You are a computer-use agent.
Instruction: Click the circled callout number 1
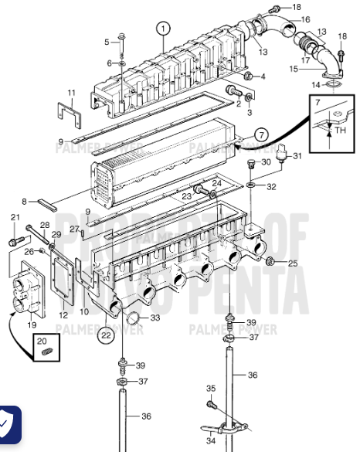162,29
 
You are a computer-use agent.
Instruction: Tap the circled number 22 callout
105,334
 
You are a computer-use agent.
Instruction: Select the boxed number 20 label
42,341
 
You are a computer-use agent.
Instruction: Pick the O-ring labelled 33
133,317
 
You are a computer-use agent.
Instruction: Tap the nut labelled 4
248,76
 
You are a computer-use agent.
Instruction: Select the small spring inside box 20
45,353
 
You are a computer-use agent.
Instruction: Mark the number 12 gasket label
63,315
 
